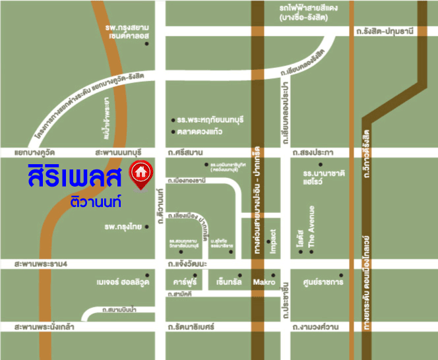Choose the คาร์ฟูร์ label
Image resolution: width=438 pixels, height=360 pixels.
point(187,283)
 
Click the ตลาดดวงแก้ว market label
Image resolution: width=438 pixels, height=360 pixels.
point(200,131)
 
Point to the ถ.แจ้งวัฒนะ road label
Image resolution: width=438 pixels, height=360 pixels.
point(187,264)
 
